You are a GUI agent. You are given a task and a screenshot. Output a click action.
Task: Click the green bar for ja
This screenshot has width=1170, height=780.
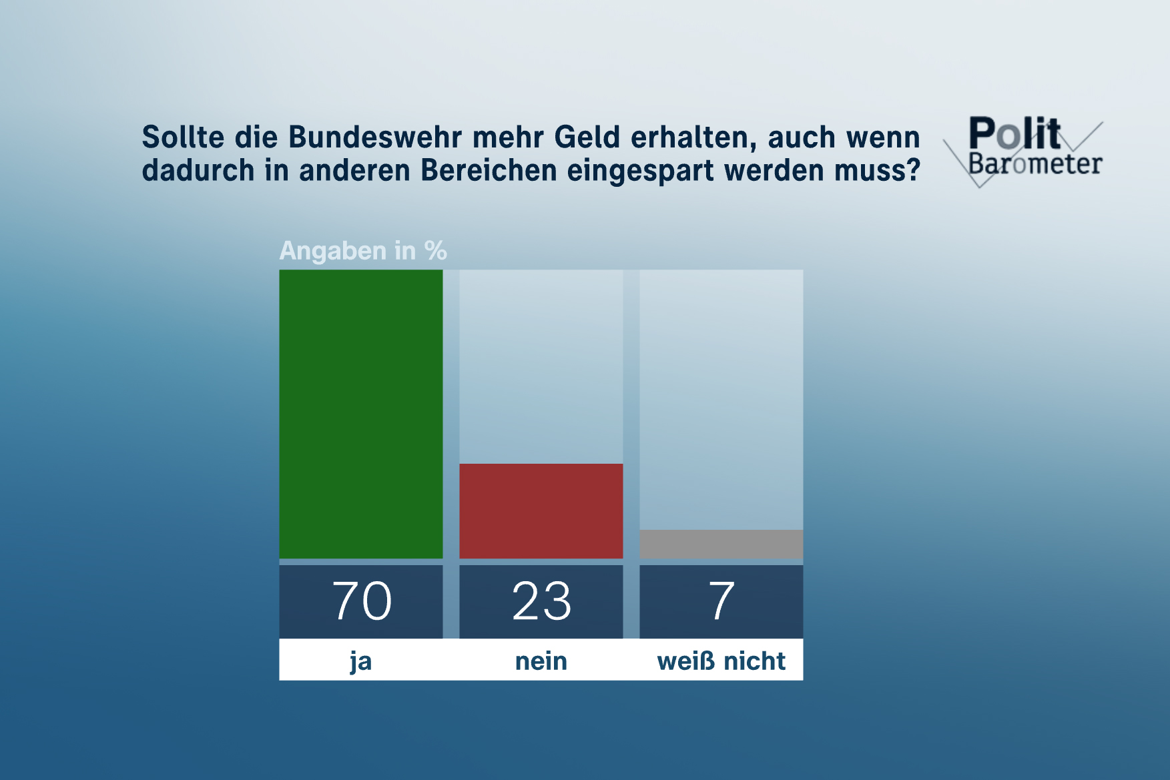pos(360,414)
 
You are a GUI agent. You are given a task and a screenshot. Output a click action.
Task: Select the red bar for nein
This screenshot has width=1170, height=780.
pos(541,510)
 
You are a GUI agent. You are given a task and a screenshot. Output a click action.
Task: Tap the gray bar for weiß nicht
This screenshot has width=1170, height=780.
pos(721,544)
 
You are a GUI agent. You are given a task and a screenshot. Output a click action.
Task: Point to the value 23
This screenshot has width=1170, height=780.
pos(541,601)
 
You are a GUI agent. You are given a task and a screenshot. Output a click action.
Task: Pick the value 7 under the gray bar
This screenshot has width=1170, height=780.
pos(721,601)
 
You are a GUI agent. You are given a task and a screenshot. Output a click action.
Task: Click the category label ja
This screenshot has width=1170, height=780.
pos(360,661)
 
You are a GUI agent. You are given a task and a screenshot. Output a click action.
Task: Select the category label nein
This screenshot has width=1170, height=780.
pos(541,661)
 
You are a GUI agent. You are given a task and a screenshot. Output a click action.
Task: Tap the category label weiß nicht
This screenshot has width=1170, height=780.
pos(721,661)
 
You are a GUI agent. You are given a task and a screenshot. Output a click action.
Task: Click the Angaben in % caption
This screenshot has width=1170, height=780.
pos(362,251)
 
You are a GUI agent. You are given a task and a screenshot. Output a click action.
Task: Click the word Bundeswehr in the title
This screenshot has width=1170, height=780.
pos(374,137)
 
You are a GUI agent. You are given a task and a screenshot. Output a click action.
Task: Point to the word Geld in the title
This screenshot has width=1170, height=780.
pos(587,137)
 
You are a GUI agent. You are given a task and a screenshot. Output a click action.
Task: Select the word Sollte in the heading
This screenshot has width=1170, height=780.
pos(183,137)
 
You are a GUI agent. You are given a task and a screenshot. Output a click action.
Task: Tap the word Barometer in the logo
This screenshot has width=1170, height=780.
pos(1035,164)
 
